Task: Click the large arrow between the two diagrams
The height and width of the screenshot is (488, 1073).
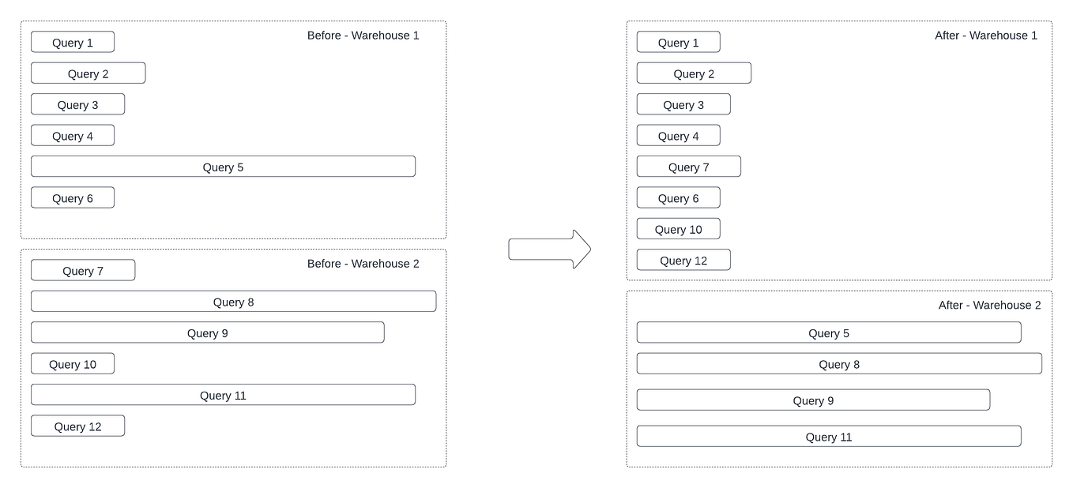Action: tap(549, 250)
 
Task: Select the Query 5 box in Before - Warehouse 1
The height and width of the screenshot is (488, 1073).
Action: tap(223, 167)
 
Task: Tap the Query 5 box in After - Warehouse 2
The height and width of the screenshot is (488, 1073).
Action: tap(828, 333)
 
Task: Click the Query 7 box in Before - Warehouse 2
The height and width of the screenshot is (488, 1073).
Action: tap(83, 271)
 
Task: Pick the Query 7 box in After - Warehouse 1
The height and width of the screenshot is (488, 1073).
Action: tap(688, 167)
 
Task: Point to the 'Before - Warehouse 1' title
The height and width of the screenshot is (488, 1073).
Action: tap(363, 36)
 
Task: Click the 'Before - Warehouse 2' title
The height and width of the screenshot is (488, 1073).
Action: tap(363, 264)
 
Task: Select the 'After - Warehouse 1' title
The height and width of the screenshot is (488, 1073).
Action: tap(985, 36)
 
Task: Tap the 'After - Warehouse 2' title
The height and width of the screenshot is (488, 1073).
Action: tap(989, 306)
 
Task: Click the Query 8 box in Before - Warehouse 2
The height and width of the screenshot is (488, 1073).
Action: tap(233, 302)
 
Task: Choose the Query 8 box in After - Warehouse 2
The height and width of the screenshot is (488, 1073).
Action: tap(838, 364)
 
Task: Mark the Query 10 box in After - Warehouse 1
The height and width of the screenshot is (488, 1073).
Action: tap(678, 229)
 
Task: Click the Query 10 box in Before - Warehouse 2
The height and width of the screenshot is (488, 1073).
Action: tap(73, 364)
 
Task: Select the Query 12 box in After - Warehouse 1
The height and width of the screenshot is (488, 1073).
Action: tap(683, 261)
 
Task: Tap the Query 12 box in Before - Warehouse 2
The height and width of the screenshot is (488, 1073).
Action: tap(77, 426)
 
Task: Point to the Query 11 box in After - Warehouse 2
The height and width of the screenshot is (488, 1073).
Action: tap(828, 437)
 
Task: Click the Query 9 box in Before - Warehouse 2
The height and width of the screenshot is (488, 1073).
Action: tap(207, 333)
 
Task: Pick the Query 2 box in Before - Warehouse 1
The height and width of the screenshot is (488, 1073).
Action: tap(88, 73)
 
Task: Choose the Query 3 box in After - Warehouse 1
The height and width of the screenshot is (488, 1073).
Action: tap(683, 105)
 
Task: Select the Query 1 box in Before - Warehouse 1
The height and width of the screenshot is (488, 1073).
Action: tap(73, 43)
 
